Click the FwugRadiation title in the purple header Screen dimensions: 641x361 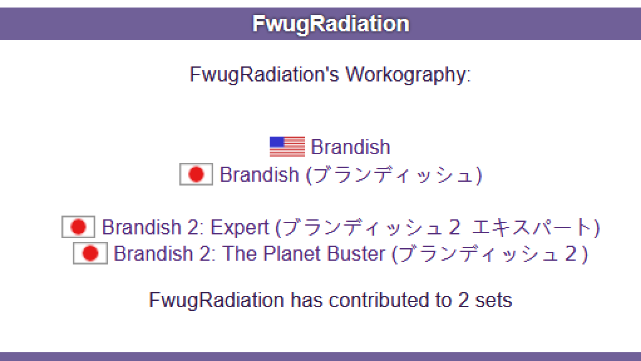click(331, 24)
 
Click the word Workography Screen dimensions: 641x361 click(408, 75)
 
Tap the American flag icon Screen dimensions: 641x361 click(287, 147)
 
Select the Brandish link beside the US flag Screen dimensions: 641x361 click(351, 147)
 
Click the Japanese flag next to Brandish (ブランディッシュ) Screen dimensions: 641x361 click(196, 174)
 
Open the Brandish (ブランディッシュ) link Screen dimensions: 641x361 click(351, 175)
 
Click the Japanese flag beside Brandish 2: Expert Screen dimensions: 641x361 click(78, 227)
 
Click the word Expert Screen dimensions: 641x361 click(240, 228)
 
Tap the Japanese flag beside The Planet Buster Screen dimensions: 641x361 click(90, 253)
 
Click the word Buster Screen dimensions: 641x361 click(356, 254)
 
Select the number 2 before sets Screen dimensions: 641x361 click(463, 300)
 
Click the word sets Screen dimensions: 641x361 click(494, 301)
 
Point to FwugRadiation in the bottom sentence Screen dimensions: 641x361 click(216, 300)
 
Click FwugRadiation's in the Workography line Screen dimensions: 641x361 click(265, 75)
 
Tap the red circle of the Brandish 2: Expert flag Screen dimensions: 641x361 click(78, 227)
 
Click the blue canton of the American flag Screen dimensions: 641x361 click(277, 142)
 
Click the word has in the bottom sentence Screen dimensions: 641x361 click(307, 300)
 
